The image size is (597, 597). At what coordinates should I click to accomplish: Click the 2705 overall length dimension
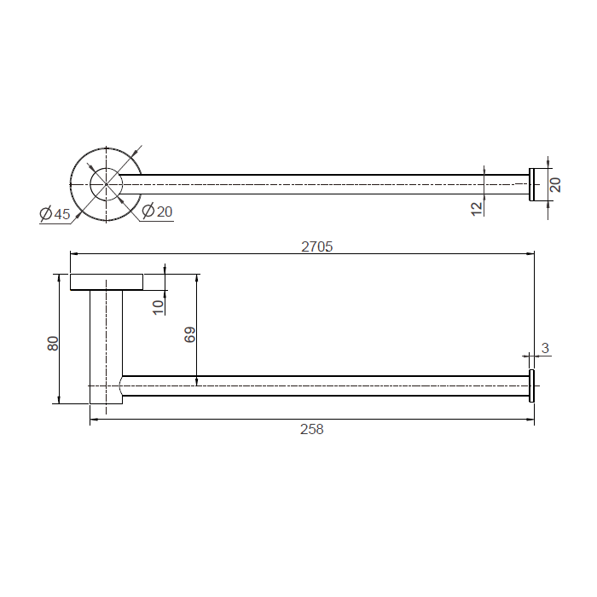316,246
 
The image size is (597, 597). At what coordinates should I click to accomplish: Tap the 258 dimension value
312,429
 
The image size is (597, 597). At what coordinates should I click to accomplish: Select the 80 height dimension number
53,344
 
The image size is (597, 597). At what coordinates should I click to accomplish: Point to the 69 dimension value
189,334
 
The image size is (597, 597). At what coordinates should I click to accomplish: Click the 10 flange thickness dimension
159,307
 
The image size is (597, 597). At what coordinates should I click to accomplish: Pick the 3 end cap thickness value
545,348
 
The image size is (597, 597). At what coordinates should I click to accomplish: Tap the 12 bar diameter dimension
477,209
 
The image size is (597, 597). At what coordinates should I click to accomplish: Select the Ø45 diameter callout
55,213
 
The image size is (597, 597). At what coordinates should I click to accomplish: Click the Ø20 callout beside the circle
157,211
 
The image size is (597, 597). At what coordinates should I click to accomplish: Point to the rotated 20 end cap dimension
555,185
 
